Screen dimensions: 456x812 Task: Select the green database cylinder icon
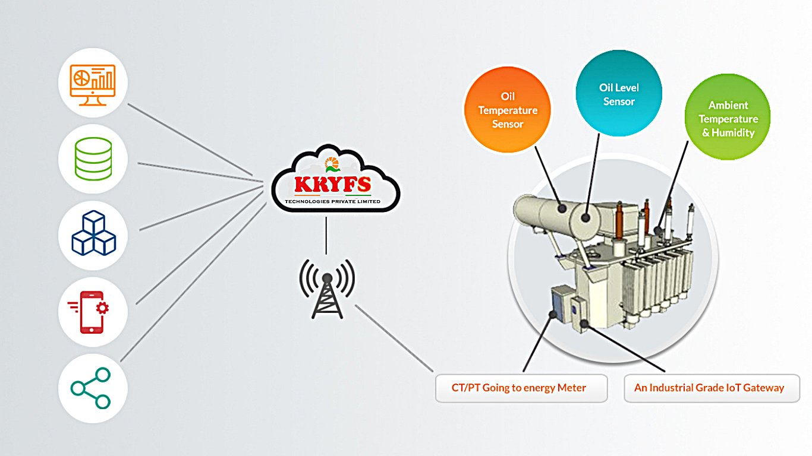pyautogui.click(x=93, y=159)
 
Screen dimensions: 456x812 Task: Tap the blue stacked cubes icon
pyautogui.click(x=93, y=235)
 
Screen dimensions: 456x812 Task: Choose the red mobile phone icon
pyautogui.click(x=93, y=311)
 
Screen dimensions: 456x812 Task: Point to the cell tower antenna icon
pyautogui.click(x=326, y=288)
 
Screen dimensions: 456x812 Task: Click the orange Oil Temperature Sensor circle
pyautogui.click(x=508, y=110)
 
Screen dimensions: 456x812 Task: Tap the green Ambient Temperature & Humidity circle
pyautogui.click(x=728, y=119)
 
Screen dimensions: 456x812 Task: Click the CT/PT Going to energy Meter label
pyautogui.click(x=519, y=388)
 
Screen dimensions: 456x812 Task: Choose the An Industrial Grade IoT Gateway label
pyautogui.click(x=709, y=388)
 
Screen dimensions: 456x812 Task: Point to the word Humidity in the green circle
pyautogui.click(x=733, y=133)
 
